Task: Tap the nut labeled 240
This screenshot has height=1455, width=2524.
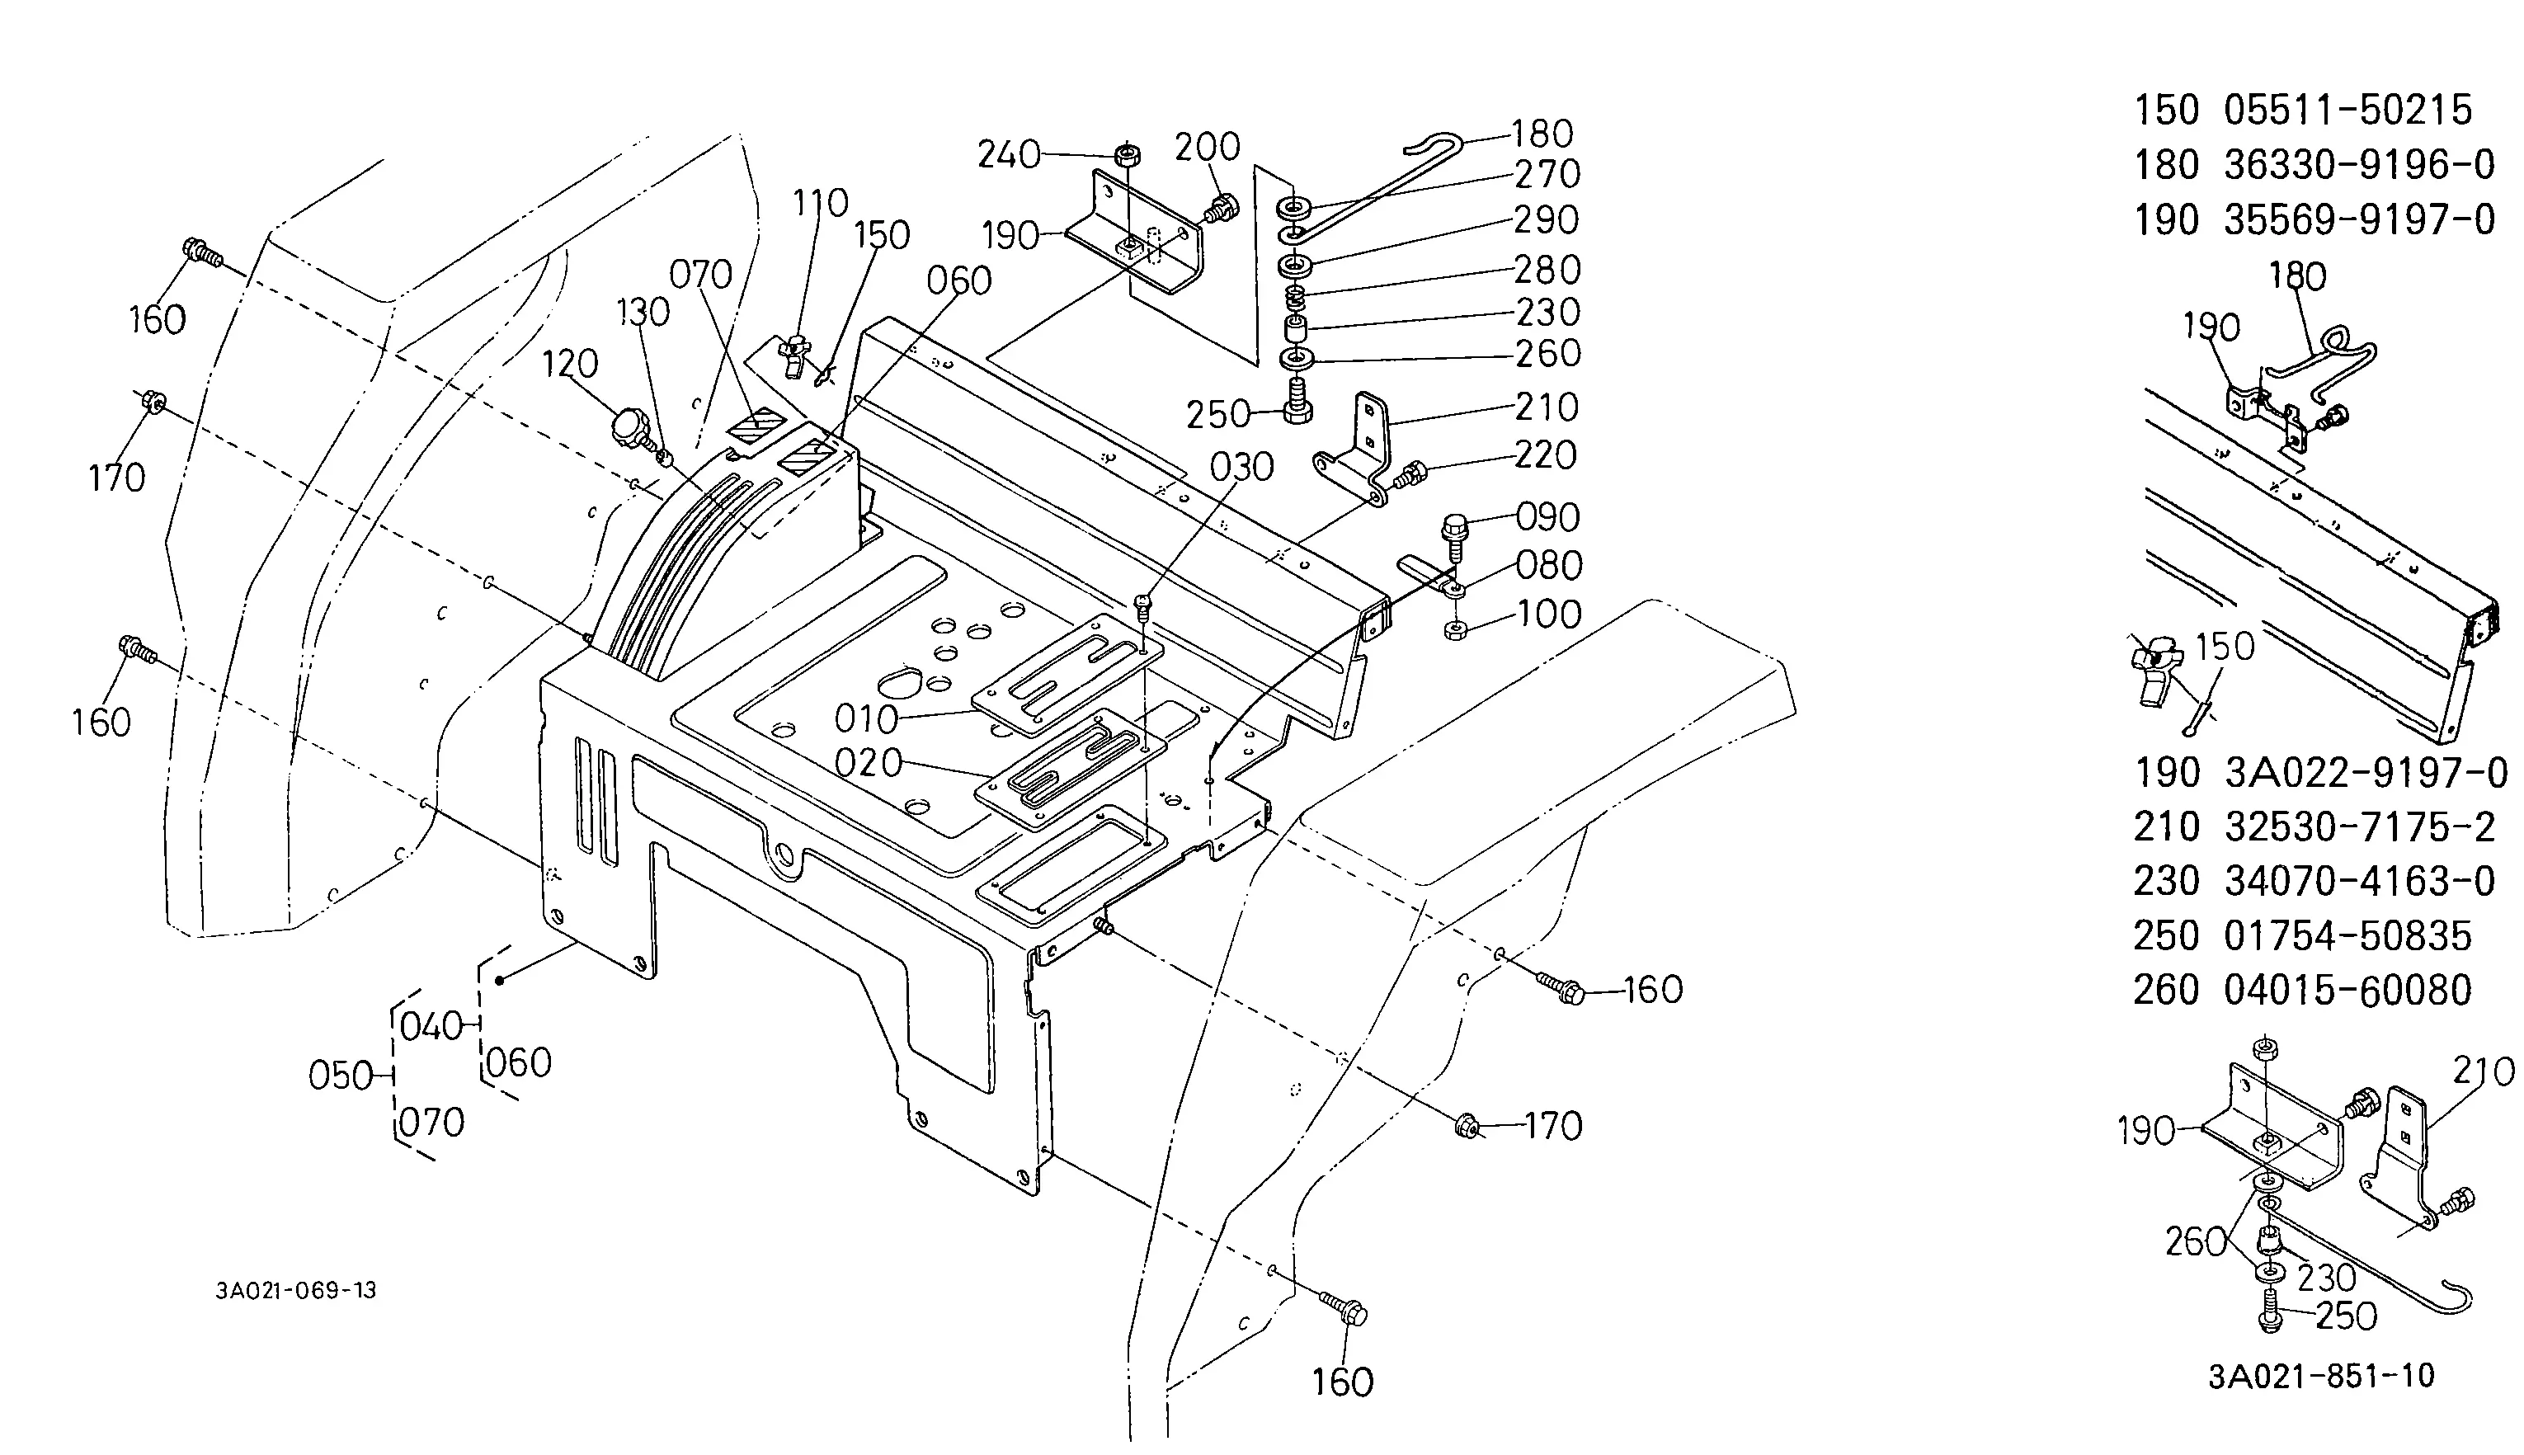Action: (1128, 155)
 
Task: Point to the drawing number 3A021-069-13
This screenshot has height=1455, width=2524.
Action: (296, 1290)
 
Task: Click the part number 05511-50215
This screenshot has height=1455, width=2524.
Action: (2347, 110)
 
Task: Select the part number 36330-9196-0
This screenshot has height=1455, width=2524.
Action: (2359, 165)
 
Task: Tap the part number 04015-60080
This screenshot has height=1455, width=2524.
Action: (2347, 991)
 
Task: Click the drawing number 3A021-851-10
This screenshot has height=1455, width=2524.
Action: (2321, 1376)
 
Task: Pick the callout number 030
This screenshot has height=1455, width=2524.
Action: (1241, 467)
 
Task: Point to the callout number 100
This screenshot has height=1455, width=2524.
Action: (1549, 614)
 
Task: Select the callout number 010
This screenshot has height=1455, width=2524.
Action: (866, 718)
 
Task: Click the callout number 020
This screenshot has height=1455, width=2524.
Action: (869, 764)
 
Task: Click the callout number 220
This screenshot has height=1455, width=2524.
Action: (1545, 455)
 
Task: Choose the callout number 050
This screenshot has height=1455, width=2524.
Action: (341, 1076)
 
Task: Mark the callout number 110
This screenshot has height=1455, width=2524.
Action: (821, 204)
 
